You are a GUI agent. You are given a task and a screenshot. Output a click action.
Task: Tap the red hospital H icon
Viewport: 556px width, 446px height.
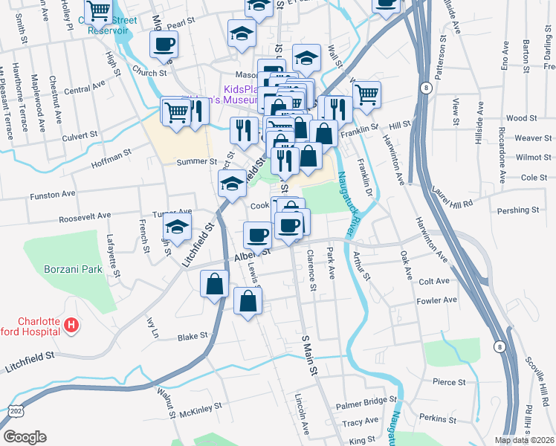(71, 324)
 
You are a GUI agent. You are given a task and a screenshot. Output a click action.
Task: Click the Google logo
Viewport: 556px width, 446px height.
(24, 437)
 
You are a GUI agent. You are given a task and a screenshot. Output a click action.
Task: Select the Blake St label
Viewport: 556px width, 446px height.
(193, 336)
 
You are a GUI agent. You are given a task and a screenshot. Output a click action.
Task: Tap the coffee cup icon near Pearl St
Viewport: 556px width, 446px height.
(164, 43)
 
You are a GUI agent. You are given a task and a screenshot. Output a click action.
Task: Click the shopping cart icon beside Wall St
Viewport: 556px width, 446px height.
(366, 94)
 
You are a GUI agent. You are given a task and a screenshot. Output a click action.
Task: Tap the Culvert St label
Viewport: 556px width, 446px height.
(80, 135)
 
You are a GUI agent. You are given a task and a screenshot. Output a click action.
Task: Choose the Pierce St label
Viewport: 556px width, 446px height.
(448, 382)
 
